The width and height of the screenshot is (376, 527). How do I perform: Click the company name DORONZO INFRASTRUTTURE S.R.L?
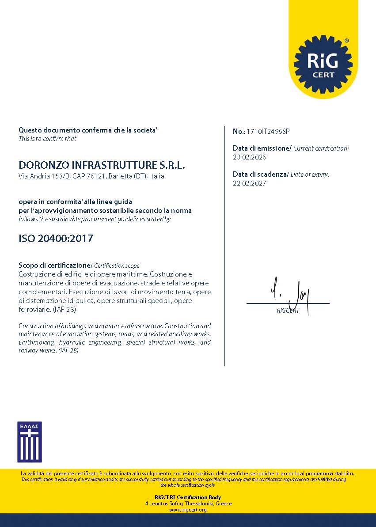point(102,166)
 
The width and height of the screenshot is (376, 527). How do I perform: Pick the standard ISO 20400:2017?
point(56,239)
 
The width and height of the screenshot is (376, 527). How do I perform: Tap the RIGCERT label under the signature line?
point(288,311)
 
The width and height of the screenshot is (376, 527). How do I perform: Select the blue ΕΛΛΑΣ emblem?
point(30,441)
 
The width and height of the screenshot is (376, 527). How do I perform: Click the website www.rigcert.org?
point(188,510)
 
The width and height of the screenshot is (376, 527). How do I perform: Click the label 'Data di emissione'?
point(261,148)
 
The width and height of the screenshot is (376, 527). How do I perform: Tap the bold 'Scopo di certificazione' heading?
point(54,265)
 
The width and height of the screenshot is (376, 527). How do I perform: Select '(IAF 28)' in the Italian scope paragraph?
point(64,310)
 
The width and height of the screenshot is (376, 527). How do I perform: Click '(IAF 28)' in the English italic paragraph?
point(68,350)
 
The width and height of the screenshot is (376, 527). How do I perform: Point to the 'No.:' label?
point(239,131)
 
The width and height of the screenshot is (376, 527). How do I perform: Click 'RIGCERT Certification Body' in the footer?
point(188,497)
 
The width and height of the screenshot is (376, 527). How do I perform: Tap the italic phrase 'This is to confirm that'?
point(47,139)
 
